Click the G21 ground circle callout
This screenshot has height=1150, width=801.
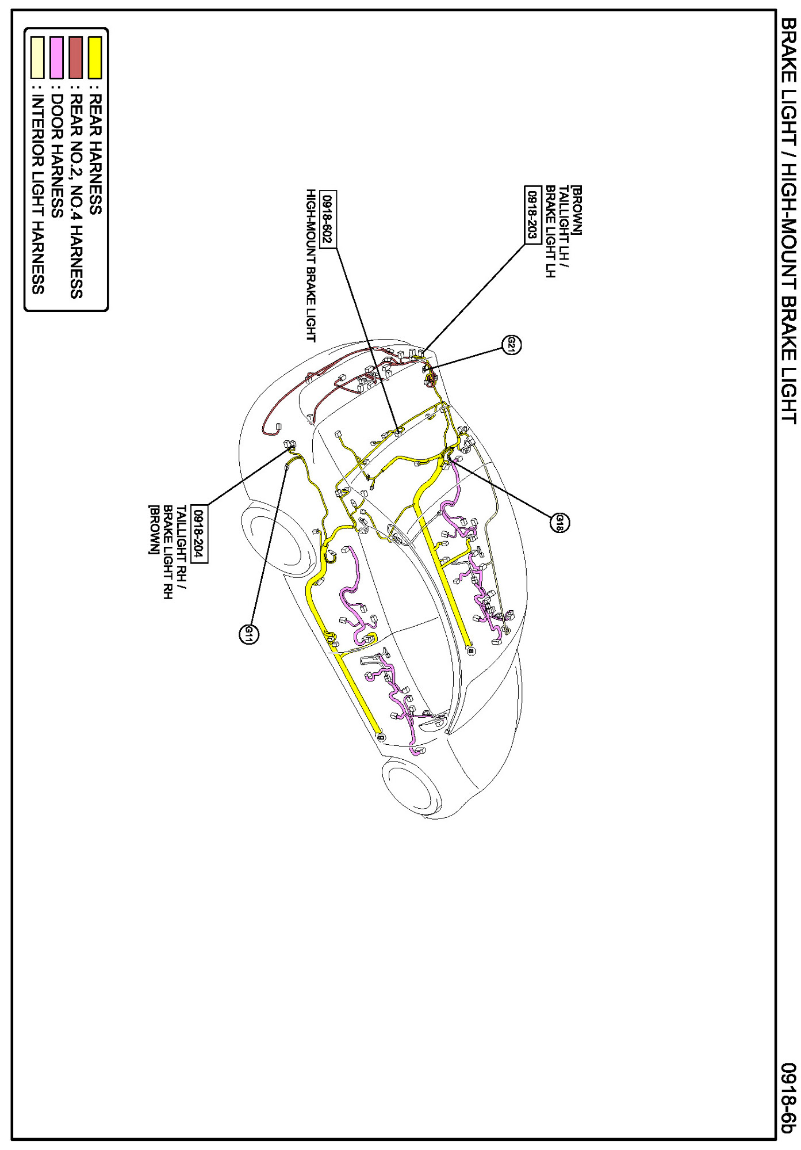(511, 345)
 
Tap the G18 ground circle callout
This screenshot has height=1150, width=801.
(559, 523)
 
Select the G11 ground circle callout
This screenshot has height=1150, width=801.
(248, 634)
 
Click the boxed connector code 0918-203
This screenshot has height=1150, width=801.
(533, 215)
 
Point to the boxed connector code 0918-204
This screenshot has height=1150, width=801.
(199, 534)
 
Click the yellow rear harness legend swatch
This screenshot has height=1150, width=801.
(95, 58)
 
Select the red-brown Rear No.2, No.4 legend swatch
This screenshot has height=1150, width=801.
(75, 58)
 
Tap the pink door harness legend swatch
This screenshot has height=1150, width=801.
(56, 58)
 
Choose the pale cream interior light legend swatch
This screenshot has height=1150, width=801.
(37, 58)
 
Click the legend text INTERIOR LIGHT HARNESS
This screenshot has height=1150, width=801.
(37, 194)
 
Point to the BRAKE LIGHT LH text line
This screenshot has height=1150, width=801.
(550, 231)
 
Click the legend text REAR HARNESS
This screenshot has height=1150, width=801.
(95, 154)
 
